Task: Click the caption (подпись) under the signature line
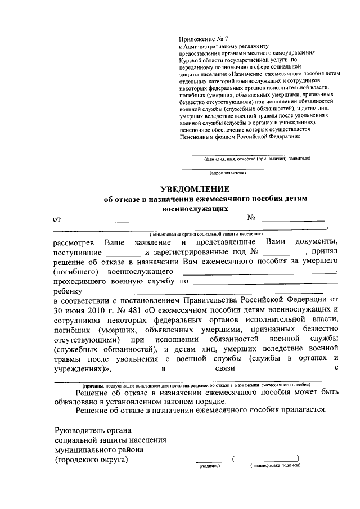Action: [x=205, y=466]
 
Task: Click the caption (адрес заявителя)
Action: [x=227, y=173]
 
